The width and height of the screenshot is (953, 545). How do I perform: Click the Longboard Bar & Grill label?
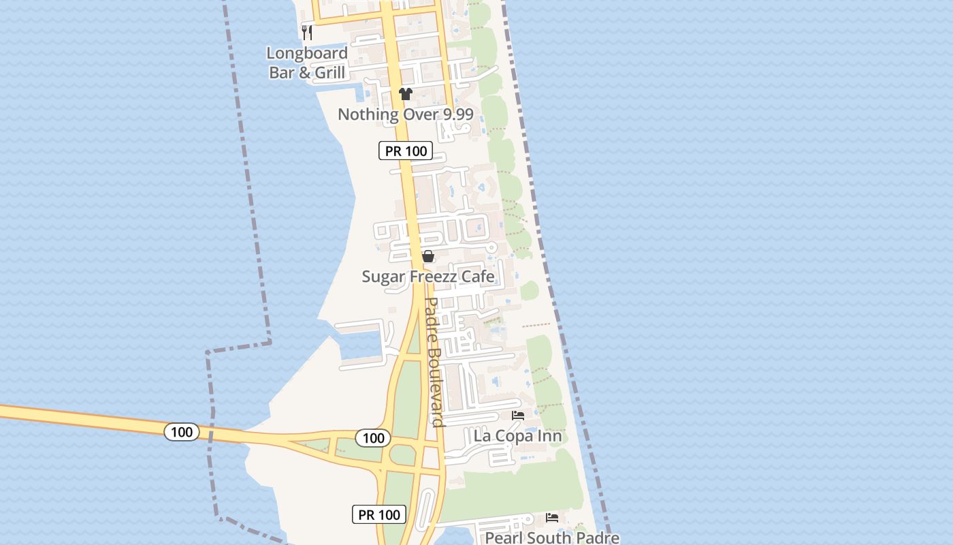coord(307,63)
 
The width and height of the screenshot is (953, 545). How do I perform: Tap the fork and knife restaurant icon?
coord(307,32)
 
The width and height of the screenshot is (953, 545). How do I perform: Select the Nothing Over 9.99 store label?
coord(405,114)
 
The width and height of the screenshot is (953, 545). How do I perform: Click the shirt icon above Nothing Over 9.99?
coord(406,94)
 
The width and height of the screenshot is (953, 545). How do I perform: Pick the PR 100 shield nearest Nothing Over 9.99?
coord(406,151)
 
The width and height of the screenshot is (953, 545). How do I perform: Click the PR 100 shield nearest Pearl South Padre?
coord(379,514)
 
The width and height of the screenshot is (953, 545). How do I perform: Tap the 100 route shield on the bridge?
coord(182,432)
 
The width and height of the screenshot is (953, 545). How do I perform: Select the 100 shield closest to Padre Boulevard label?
coord(373,438)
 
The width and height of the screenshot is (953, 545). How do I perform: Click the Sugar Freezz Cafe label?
coord(428,277)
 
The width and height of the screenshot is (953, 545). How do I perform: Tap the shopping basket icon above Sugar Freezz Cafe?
coord(428,257)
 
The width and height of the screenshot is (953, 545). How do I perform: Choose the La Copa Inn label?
coord(517,436)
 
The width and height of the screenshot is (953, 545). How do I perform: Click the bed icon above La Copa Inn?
coord(518,416)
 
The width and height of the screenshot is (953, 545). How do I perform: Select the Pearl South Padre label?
coord(552,538)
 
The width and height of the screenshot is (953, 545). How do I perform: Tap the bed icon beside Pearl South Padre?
coord(552,518)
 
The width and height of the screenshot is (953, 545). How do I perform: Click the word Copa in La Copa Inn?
coord(520,436)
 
